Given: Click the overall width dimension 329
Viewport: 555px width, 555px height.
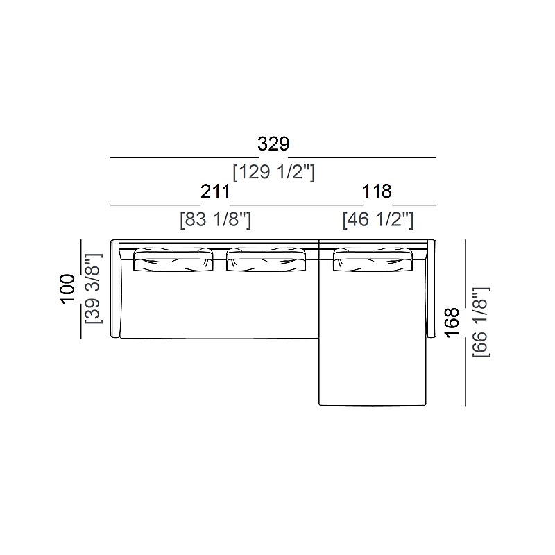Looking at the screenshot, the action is pos(273,144).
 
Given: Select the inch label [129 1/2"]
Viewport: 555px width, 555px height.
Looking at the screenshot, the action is pos(273,173).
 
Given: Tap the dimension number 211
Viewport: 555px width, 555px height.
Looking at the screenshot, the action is pos(215,192).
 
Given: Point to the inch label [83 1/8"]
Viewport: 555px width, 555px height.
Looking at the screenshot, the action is pos(216,220).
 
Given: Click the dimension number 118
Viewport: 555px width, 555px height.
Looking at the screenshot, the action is pos(377,192).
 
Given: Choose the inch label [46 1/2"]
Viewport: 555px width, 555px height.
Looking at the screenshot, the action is pos(378,220).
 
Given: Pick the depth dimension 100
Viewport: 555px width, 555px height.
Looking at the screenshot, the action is pos(67,289).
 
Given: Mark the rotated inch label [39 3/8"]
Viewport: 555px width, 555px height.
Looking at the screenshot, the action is pos(94,289).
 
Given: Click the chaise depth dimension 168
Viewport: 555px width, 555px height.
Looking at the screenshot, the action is pos(452,322).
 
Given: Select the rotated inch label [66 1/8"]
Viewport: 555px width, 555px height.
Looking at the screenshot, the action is pos(481,322).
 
